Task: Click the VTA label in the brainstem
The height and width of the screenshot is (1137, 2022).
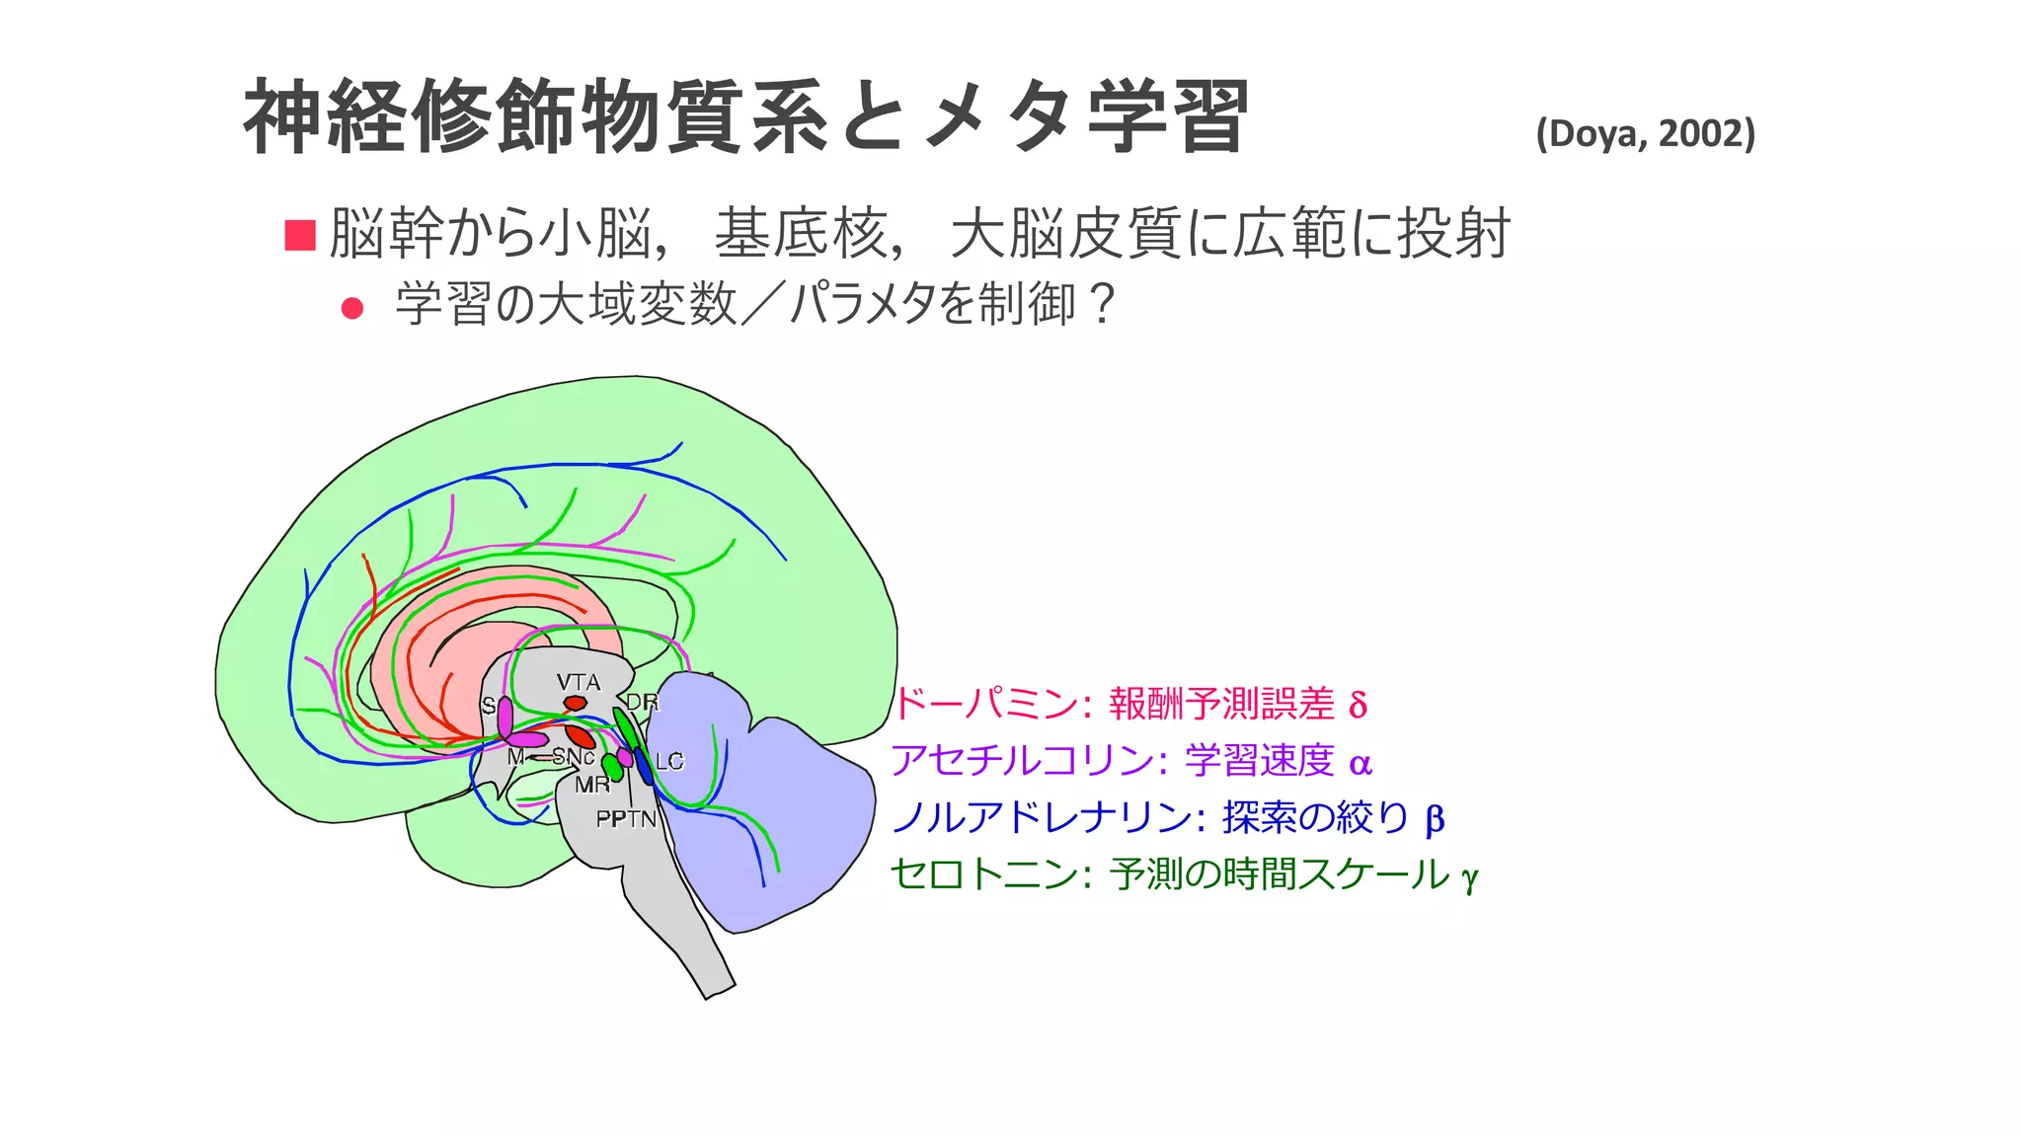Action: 578,682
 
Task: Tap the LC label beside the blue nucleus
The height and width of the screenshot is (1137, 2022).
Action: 669,761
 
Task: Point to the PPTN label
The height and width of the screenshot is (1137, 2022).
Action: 626,819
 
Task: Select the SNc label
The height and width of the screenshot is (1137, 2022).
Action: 573,757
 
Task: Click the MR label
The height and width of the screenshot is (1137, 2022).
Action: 592,785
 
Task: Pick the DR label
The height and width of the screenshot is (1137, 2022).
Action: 642,703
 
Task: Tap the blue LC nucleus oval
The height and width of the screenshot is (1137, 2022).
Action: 644,766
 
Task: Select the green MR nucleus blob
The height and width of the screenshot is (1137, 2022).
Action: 612,768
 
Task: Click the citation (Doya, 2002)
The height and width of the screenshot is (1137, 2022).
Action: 1645,133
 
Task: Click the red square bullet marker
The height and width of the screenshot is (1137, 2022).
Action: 299,235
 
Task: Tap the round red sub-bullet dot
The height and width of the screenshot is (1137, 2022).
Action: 351,308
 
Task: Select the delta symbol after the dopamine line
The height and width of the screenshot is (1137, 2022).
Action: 1358,706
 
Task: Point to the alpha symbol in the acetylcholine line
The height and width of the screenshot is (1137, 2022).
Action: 1361,763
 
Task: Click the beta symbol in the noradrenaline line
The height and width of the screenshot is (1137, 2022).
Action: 1435,819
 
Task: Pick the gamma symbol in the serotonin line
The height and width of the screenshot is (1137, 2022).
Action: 1469,877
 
